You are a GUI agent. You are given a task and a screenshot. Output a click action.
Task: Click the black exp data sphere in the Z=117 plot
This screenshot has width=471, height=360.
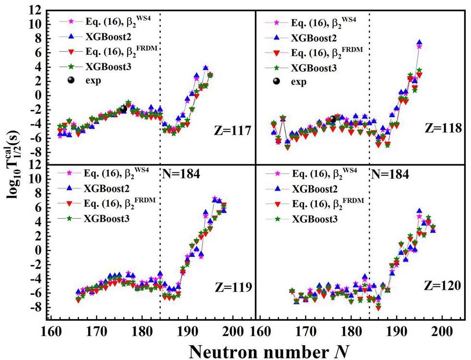pyautogui.click(x=123, y=109)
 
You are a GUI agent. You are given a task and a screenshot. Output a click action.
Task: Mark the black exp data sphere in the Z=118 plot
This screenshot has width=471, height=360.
pyautogui.click(x=333, y=119)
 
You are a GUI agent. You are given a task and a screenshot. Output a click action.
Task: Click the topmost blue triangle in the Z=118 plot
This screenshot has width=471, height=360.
pyautogui.click(x=419, y=43)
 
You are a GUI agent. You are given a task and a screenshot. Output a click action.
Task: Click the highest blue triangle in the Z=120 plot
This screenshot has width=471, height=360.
pyautogui.click(x=419, y=211)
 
